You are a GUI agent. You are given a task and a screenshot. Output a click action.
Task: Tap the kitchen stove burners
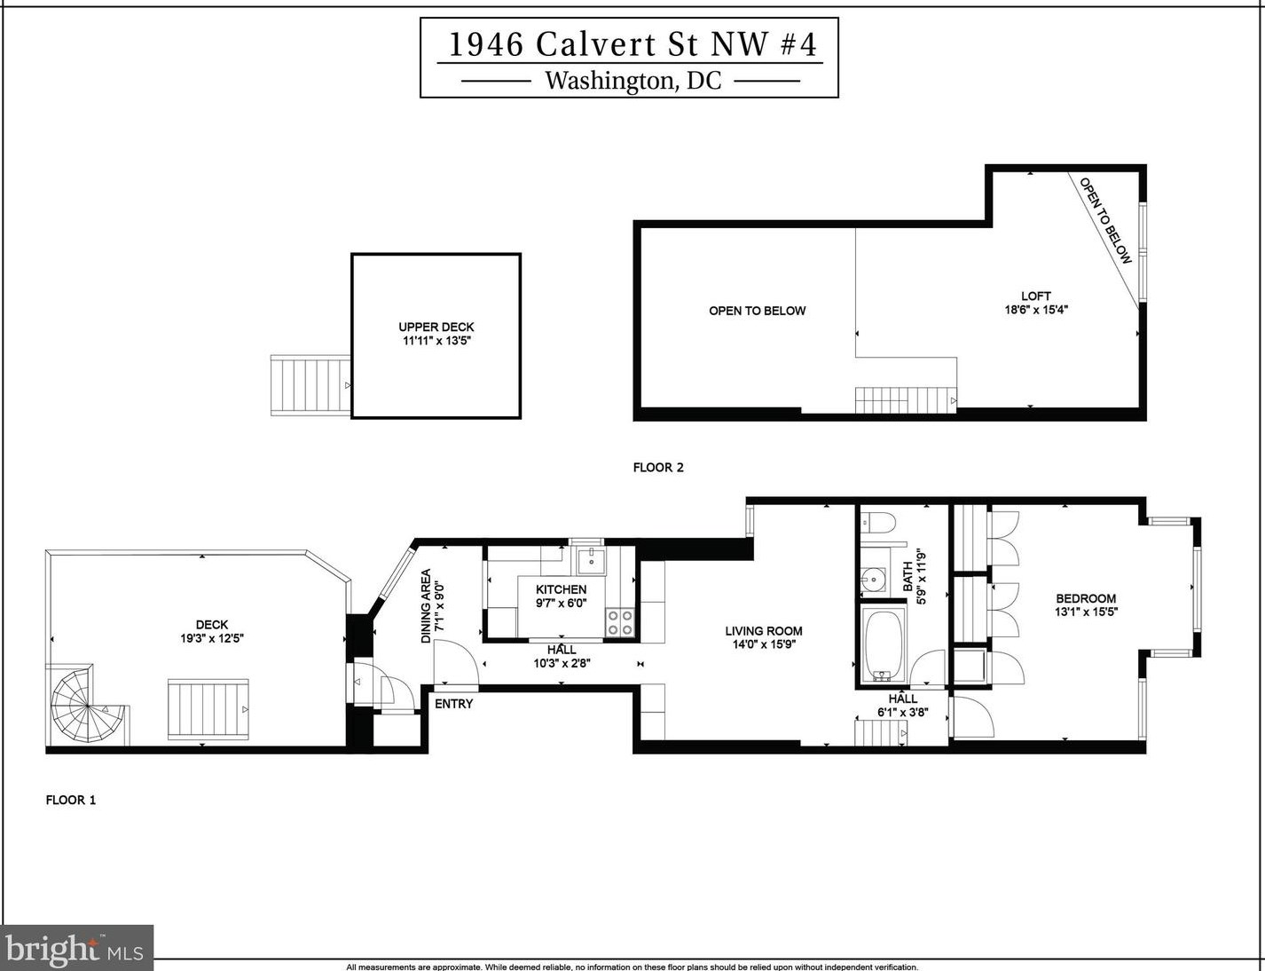tap(620, 621)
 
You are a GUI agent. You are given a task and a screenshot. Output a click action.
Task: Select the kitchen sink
tap(591, 561)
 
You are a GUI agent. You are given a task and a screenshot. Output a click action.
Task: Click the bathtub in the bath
tap(883, 643)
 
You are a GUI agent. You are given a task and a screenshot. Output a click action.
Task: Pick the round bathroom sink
tap(874, 581)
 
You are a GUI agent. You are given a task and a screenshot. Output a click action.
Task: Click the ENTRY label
tap(453, 704)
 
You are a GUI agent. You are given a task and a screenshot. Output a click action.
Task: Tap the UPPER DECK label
tap(436, 327)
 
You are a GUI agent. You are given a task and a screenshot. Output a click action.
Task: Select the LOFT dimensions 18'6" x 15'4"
tap(1036, 310)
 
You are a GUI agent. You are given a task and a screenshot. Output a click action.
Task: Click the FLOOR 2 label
tap(658, 468)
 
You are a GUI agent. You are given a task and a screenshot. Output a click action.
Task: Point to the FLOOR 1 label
tap(71, 800)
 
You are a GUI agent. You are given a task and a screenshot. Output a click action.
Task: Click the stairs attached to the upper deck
tap(310, 385)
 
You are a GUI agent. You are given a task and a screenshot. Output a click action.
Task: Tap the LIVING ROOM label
tap(764, 631)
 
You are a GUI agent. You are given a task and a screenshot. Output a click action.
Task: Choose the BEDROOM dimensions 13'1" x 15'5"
tap(1086, 612)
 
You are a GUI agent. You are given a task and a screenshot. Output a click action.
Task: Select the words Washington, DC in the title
tap(632, 81)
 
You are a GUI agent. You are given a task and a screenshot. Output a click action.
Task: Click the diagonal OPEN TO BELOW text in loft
tap(1105, 220)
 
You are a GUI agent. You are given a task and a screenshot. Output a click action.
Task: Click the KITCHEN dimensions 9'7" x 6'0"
tap(562, 603)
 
